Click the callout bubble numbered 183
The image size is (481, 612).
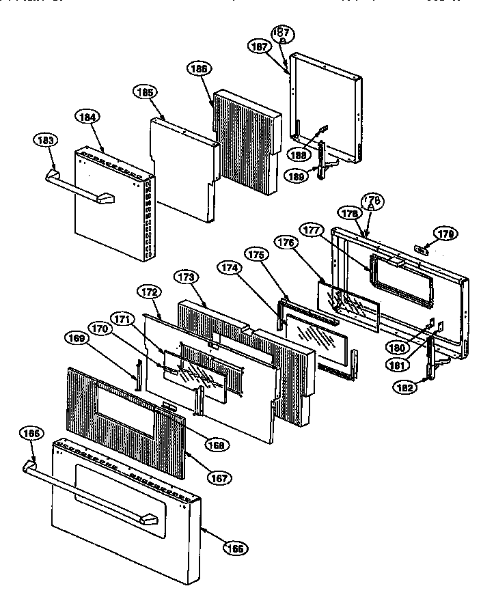click(x=44, y=140)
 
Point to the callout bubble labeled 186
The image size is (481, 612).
click(x=200, y=68)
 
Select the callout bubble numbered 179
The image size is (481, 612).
click(x=447, y=234)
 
